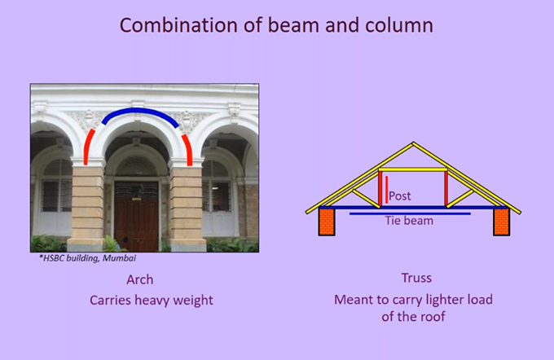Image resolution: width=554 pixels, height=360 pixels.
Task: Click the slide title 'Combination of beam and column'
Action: coord(276,25)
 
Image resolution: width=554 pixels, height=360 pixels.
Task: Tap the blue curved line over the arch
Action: coord(140,111)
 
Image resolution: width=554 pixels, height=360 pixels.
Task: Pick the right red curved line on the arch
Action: coord(188,148)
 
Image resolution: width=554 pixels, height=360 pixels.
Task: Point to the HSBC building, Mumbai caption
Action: coord(87,258)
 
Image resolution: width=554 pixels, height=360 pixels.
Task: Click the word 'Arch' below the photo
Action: coord(140,279)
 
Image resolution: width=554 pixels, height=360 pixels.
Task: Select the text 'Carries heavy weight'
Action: coord(152,301)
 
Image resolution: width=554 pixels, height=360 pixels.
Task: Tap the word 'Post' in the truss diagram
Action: coord(399,195)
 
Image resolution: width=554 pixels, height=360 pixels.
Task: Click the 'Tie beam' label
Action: coord(409,221)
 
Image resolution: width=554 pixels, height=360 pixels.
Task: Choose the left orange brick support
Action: coord(327,222)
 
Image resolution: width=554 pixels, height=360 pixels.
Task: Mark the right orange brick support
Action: coord(501,222)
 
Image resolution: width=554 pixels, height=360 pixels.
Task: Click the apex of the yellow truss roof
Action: coord(413,143)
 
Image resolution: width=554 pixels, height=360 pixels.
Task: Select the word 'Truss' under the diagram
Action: coord(416,278)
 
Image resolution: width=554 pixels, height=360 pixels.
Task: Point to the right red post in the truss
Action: coord(446,188)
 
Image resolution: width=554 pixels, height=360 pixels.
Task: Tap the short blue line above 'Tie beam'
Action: coord(410,213)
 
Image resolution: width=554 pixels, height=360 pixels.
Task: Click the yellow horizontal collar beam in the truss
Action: coord(413,170)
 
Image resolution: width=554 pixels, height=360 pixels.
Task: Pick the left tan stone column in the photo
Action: coord(87,209)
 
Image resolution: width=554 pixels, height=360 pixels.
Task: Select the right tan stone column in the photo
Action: coord(187,209)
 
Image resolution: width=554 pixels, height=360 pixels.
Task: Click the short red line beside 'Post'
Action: coord(386,190)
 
